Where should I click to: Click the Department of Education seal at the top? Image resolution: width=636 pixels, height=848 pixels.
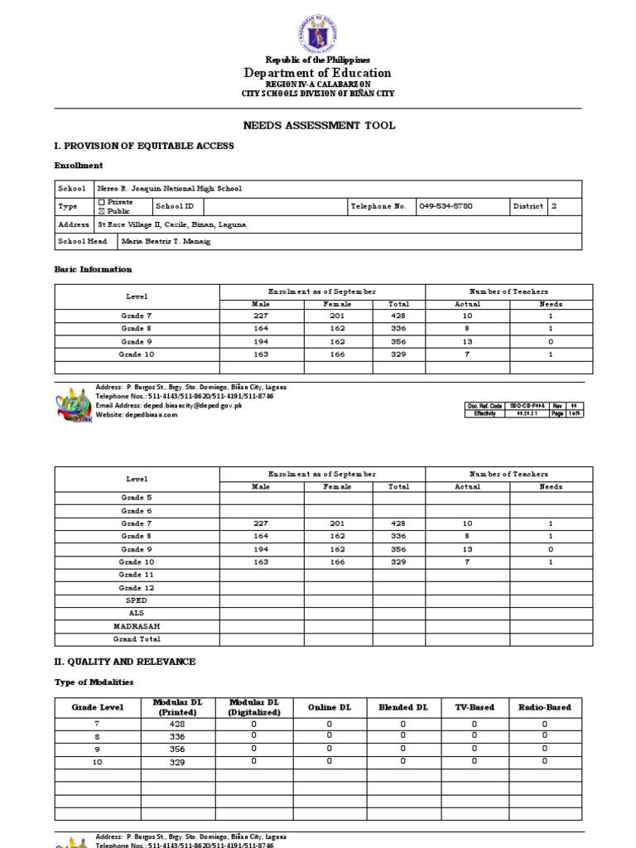[317, 33]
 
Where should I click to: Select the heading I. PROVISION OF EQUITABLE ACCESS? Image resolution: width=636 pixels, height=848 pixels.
[144, 146]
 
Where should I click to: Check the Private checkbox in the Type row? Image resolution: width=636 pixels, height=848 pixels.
[102, 201]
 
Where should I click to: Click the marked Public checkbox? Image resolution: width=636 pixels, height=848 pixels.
[102, 211]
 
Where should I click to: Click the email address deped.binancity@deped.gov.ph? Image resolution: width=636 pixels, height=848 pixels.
[169, 406]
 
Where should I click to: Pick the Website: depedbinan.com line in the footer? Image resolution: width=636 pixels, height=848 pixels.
[137, 415]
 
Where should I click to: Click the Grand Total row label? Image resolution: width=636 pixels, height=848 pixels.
[137, 639]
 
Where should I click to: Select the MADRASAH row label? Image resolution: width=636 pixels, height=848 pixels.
[137, 627]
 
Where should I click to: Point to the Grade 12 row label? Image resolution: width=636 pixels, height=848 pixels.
[137, 588]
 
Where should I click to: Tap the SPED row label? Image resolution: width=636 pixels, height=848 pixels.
[137, 600]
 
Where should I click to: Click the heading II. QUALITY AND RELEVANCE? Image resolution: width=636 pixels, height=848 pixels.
[125, 662]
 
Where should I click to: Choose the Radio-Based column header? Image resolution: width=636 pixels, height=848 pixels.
[544, 707]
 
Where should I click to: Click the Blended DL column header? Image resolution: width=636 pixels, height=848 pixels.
[403, 707]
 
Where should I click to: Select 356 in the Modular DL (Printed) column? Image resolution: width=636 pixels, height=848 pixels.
[178, 749]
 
